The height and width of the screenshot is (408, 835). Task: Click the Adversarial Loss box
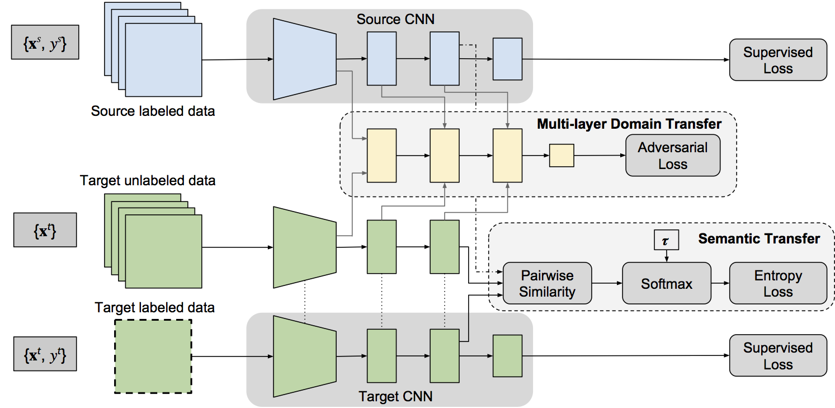672,156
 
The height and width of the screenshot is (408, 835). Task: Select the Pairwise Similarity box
548,283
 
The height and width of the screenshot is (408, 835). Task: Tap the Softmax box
666,283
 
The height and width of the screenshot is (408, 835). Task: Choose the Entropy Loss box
777,283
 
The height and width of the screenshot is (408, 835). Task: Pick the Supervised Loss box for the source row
777,60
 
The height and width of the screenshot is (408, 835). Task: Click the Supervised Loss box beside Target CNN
777,355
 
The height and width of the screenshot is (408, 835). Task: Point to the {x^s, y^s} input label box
45,42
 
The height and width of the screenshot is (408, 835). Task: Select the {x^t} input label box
45,229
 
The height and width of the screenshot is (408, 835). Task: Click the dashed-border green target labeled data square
153,356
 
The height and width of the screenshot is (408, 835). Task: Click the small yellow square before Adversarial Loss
562,155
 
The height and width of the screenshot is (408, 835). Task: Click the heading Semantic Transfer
759,239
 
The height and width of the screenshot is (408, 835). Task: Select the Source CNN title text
395,20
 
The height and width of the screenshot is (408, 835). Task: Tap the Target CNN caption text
395,397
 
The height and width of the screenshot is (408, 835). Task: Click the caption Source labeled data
153,110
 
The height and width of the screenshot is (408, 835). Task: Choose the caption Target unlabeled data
148,181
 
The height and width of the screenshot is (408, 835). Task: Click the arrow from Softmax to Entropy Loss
720,283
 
